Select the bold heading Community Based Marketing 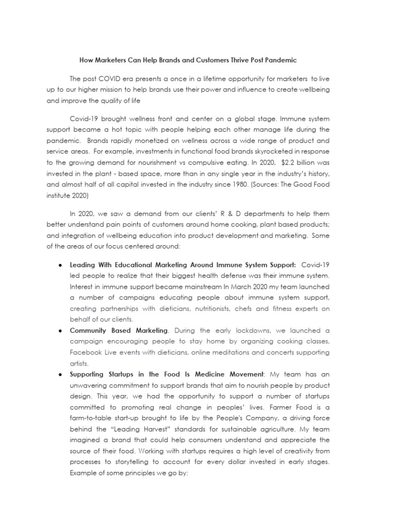[x=119, y=331]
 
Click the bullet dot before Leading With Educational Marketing [x=61, y=265]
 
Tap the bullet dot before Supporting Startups [x=61, y=374]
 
